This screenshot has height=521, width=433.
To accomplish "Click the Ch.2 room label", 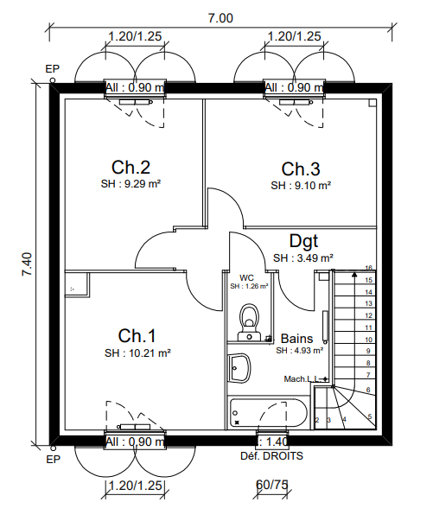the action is coord(131,167).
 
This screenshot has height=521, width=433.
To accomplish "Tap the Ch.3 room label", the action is coord(301,168).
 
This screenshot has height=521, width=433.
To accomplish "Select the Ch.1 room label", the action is coord(137,335).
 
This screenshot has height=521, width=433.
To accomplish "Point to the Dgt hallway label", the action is coord(303,241).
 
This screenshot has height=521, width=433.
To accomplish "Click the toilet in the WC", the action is coord(249,322).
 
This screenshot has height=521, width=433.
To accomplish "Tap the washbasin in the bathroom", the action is coord(239,368).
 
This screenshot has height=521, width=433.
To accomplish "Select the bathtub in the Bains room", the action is coord(268,413).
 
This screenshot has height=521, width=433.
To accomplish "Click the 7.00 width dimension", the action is coord(220,18).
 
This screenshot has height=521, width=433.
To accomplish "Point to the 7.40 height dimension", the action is coord(28,264).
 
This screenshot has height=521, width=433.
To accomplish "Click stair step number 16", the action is coord(368,268).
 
